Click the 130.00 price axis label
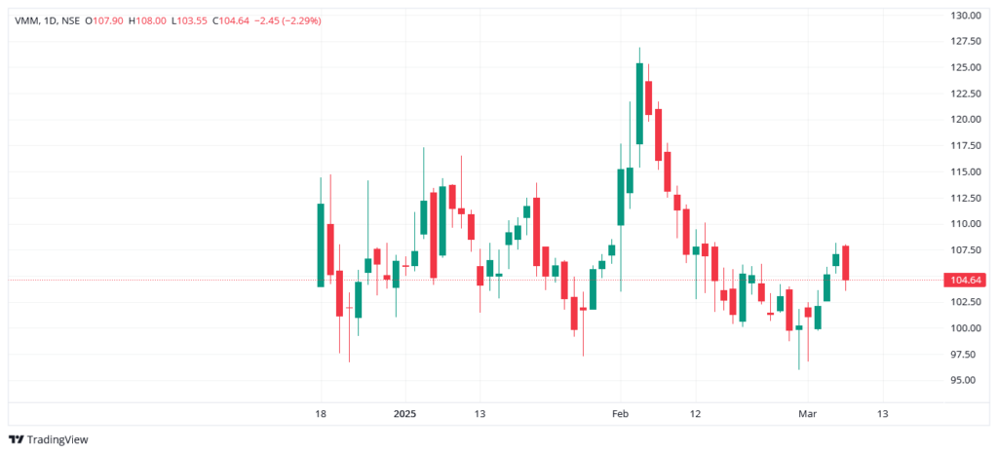[x=965, y=16]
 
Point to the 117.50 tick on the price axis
[x=965, y=145]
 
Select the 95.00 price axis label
[x=965, y=380]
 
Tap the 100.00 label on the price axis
[x=965, y=328]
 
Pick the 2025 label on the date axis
[x=404, y=414]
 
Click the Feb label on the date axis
[x=621, y=414]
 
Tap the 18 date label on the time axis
[x=321, y=414]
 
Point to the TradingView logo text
[x=58, y=439]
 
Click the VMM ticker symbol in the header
[x=26, y=20]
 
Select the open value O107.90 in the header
[x=103, y=20]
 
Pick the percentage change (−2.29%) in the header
[x=301, y=20]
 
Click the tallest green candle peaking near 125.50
[x=639, y=103]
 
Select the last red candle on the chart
[x=846, y=263]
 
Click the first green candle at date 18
[x=321, y=245]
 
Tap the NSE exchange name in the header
[x=70, y=20]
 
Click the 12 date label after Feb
[x=695, y=414]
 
